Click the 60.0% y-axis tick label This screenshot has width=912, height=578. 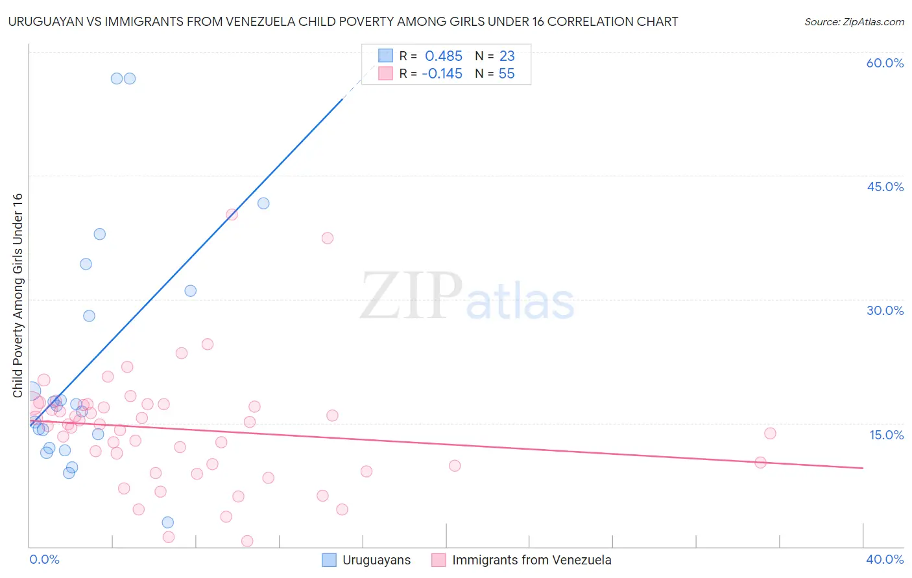[x=885, y=63]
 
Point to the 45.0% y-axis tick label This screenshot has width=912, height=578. [x=885, y=187]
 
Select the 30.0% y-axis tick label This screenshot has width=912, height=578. [x=885, y=310]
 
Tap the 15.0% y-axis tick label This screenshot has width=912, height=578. [x=886, y=435]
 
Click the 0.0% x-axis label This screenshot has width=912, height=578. [x=44, y=559]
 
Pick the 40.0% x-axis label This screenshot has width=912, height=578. [x=885, y=559]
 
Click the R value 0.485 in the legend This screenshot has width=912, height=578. [x=444, y=56]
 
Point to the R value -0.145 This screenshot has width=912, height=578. [x=442, y=74]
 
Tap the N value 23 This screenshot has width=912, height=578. [x=507, y=56]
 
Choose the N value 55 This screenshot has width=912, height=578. [x=507, y=74]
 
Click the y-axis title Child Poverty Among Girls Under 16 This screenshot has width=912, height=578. [x=18, y=295]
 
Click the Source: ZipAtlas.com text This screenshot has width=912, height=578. [x=854, y=22]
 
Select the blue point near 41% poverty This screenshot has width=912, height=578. [x=263, y=203]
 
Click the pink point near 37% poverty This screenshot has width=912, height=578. [x=328, y=238]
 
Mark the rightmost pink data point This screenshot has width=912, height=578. [x=770, y=433]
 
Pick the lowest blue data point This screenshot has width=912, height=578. [x=168, y=522]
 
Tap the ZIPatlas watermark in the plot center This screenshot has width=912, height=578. [x=467, y=296]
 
